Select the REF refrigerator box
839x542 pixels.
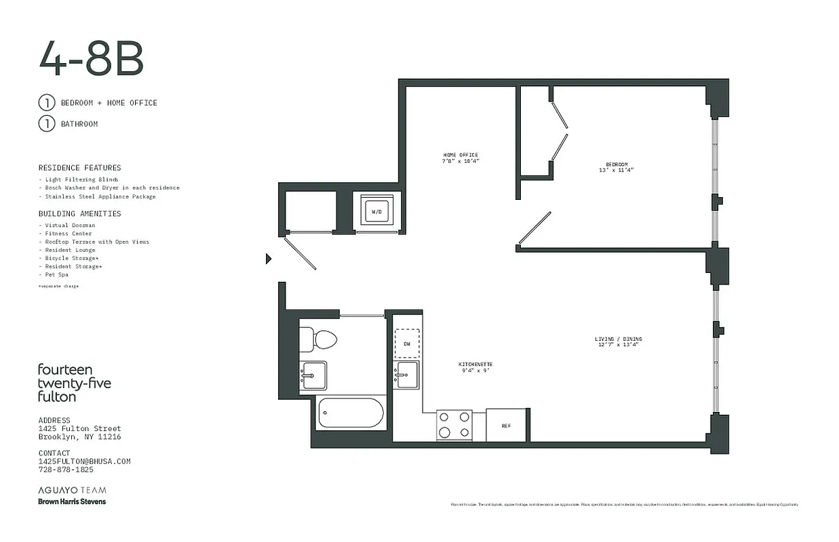[506, 425]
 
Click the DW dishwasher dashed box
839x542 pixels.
[407, 343]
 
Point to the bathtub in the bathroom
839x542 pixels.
[351, 413]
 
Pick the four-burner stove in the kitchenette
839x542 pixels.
[454, 425]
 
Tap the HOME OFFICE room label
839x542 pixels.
[460, 159]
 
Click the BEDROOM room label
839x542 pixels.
[617, 167]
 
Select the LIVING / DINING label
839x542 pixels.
[618, 341]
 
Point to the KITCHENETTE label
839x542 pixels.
[475, 367]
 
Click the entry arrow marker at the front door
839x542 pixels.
[269, 258]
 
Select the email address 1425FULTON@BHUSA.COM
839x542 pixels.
[84, 461]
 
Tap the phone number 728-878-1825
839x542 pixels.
[66, 470]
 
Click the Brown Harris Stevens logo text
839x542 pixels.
[72, 501]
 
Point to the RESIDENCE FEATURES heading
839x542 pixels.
[79, 167]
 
